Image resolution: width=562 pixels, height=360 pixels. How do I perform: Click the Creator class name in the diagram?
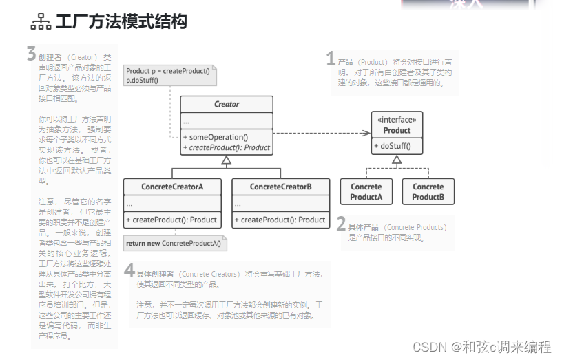point(227,105)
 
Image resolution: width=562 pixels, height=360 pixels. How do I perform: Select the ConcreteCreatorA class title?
point(172,187)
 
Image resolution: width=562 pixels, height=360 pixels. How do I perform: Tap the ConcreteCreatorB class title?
point(280,187)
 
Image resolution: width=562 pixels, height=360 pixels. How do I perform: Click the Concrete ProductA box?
point(366,191)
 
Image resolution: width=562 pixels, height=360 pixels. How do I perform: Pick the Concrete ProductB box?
point(428,191)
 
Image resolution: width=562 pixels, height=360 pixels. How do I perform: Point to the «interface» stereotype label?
point(397,120)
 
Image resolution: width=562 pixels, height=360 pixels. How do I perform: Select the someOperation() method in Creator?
point(215,136)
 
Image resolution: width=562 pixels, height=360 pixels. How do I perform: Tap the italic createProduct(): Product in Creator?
point(227,147)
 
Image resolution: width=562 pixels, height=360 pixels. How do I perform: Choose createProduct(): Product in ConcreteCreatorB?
point(280,220)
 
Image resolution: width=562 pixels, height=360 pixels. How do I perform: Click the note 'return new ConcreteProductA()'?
point(174,243)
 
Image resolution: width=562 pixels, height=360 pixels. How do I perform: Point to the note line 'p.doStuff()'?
point(142,81)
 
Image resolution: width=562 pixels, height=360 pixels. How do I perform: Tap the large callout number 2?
point(341,224)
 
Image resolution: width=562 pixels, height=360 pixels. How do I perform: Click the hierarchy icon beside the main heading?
point(41,23)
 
